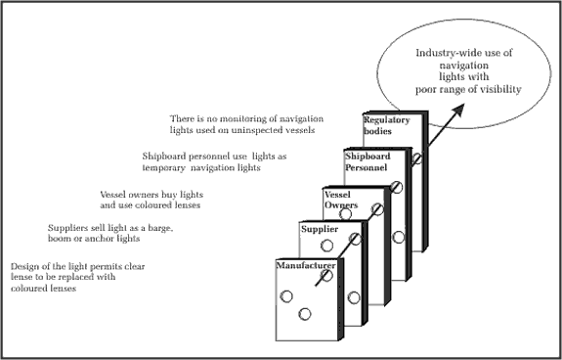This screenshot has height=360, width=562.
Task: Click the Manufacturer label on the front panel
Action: click(x=306, y=266)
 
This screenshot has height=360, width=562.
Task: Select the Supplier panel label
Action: click(x=320, y=229)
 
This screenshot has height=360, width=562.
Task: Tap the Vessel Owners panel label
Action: click(x=341, y=200)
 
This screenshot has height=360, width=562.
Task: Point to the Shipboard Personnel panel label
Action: click(x=367, y=161)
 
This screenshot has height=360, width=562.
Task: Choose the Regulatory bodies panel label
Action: click(x=386, y=125)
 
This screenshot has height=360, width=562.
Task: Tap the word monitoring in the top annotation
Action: click(x=247, y=119)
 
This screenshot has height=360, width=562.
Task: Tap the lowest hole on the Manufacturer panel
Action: click(x=305, y=314)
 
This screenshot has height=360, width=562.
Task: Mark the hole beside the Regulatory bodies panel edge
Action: click(x=416, y=158)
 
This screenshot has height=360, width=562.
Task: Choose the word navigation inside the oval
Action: click(x=464, y=66)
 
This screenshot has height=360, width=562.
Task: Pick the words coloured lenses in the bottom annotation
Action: click(x=43, y=289)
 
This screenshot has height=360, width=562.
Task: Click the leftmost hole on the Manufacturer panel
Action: click(x=286, y=296)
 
